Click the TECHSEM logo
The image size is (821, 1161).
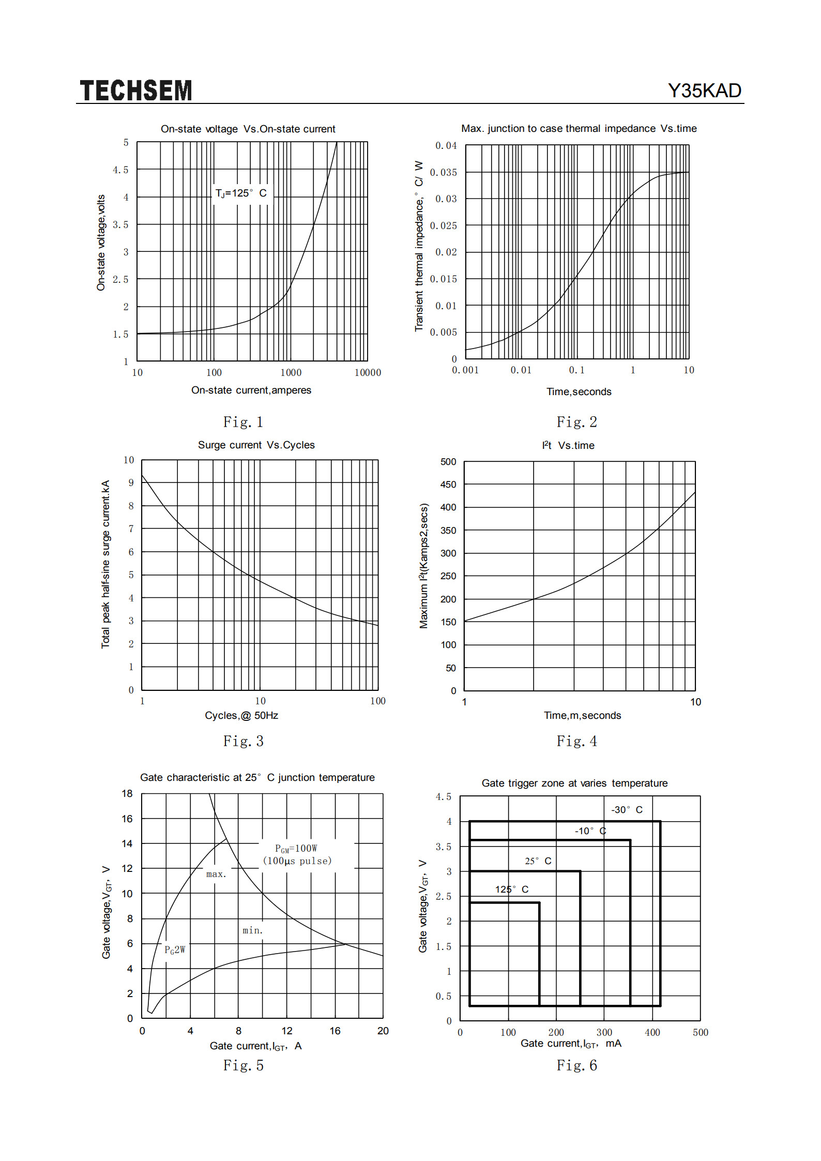click(136, 91)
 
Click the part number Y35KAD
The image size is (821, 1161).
click(705, 91)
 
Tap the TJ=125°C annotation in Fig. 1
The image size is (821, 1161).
click(241, 193)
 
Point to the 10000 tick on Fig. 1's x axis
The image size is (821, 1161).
click(368, 372)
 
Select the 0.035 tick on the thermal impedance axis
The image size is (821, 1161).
click(444, 172)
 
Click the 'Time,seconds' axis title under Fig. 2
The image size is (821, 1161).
click(579, 391)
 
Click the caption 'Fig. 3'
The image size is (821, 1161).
click(244, 741)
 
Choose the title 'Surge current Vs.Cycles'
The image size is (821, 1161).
click(256, 445)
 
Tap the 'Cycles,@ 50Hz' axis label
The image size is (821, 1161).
click(241, 715)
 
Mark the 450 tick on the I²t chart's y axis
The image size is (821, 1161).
click(448, 485)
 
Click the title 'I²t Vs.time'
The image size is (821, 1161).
click(568, 445)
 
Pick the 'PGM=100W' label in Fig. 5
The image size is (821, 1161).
click(296, 849)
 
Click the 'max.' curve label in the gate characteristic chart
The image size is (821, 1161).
click(216, 874)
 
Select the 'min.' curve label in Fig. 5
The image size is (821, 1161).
click(253, 930)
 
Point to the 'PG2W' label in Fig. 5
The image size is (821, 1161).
click(175, 949)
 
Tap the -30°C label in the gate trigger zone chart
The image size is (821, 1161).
click(627, 810)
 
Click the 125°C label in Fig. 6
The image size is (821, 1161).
click(512, 889)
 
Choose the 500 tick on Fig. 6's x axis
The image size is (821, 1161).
click(701, 1032)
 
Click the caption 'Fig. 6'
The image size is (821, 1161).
click(577, 1065)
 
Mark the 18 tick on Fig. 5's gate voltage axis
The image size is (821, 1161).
click(127, 793)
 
